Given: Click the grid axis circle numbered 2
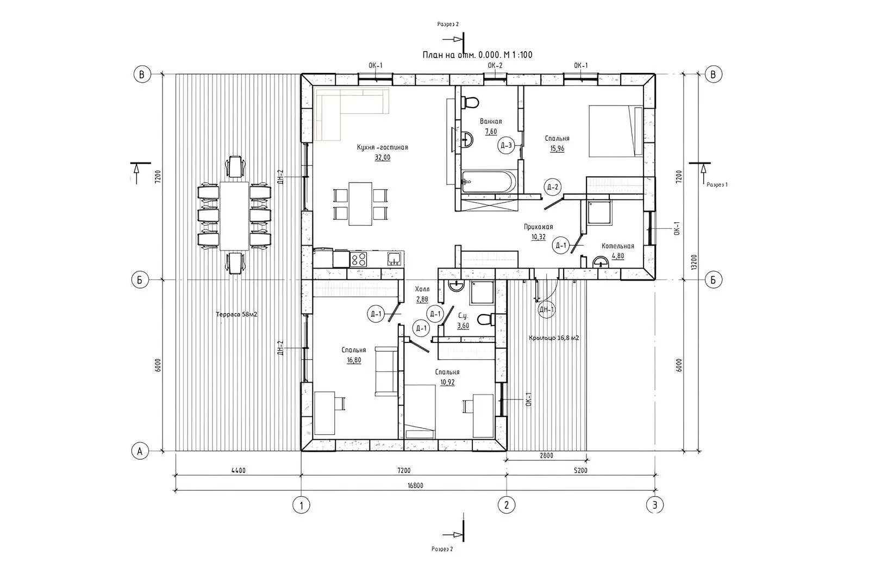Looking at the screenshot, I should pos(507,505).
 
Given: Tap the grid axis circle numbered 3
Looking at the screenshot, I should pos(655,505).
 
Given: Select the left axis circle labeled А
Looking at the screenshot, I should pos(141,451).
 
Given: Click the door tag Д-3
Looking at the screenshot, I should pos(507,145).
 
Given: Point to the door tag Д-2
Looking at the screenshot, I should pos(553,188).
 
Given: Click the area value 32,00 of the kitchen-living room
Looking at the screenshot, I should pos(382,158).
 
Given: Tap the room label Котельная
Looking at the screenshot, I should pos(617,246).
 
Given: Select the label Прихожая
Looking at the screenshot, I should pos(538,227).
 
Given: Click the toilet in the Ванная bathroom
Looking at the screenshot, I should pos(470,102).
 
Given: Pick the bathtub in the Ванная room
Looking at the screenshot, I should pos(486,182).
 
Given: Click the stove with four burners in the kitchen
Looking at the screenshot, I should pos(359,259).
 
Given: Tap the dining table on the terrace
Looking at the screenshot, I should pos(234,215).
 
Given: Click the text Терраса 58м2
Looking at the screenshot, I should pos(236,315).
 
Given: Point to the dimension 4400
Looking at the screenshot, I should pos(238,471).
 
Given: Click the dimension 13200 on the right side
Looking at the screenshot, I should pos(694,263).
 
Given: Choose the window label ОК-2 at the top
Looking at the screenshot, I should pos(495,66).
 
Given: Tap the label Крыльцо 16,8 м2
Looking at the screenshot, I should pos(554,338).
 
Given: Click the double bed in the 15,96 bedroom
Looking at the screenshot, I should pos(616,131).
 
